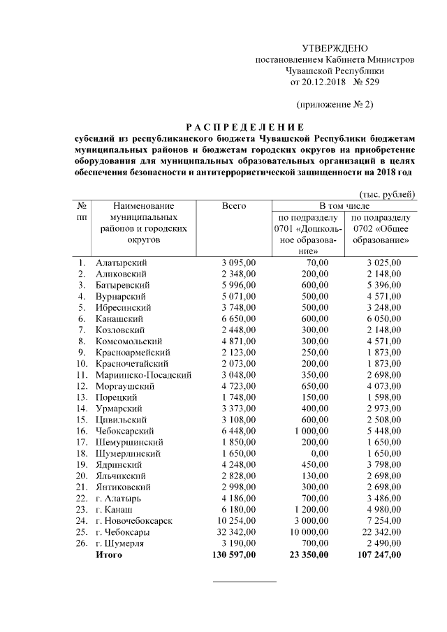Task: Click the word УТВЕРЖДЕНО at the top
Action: tap(335, 48)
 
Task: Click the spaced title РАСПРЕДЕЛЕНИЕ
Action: tap(244, 127)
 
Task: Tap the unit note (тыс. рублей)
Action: tap(387, 193)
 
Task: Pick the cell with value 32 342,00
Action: tap(234, 532)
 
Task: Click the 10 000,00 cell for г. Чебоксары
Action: tap(308, 532)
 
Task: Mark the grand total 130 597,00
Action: tap(230, 554)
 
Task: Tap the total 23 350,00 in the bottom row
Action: tap(305, 554)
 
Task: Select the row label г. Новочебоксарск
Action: tap(135, 521)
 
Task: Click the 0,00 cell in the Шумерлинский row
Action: tap(318, 453)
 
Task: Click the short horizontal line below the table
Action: tap(244, 581)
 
